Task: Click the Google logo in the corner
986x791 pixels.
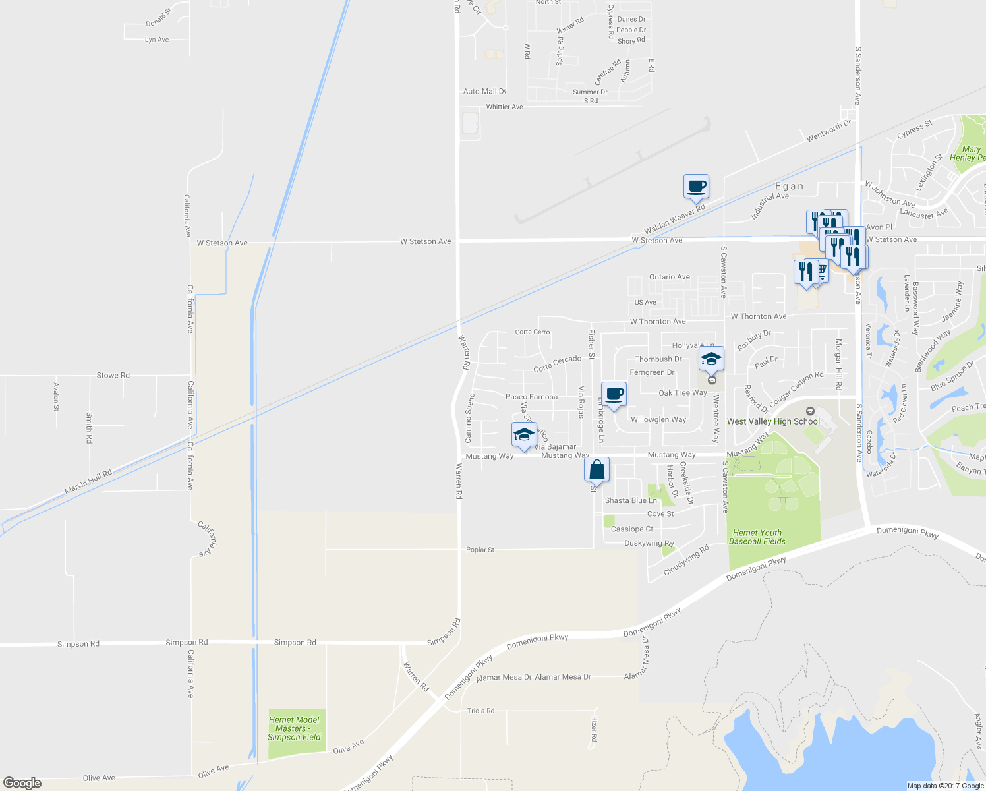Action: (x=22, y=783)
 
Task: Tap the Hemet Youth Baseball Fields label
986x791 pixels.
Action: (x=757, y=537)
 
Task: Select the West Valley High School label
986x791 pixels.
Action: (x=773, y=421)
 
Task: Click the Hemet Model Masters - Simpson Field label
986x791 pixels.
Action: (x=294, y=728)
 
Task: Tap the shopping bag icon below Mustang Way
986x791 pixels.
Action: (x=596, y=470)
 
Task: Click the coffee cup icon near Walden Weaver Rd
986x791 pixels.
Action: (x=696, y=187)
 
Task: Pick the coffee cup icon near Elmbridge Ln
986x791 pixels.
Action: (x=614, y=394)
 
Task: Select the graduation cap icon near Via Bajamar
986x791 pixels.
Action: (x=524, y=434)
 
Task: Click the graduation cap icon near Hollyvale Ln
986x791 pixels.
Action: (x=711, y=359)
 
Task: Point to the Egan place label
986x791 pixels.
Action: (x=789, y=187)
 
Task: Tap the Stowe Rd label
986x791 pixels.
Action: (x=113, y=375)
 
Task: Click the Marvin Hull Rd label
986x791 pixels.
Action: (x=88, y=482)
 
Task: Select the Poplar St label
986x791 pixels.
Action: (x=480, y=550)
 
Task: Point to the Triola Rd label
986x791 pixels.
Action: (x=480, y=711)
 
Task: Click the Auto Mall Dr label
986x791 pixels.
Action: (x=484, y=92)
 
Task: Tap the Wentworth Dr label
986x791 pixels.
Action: (x=828, y=131)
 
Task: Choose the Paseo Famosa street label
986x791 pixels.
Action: (x=531, y=397)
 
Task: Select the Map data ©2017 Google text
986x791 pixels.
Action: (x=946, y=786)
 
